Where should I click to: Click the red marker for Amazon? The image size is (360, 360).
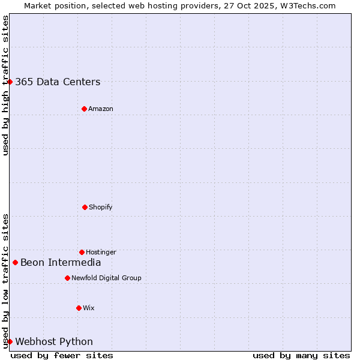click(x=84, y=109)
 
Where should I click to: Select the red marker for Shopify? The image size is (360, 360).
click(x=85, y=207)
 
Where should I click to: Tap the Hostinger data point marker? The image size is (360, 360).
click(x=82, y=252)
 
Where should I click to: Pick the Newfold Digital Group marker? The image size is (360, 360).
click(x=67, y=278)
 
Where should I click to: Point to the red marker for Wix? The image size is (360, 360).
click(x=79, y=308)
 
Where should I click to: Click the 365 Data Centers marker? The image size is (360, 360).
click(x=10, y=82)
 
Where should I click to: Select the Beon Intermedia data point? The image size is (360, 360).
click(x=15, y=262)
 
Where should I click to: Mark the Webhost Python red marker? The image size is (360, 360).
click(x=10, y=341)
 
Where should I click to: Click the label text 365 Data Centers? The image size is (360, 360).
click(x=58, y=82)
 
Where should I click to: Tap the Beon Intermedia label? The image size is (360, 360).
click(x=61, y=262)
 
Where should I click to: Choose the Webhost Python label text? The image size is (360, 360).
click(x=54, y=342)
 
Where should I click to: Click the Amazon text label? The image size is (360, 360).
click(x=101, y=109)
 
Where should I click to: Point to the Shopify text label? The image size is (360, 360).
click(x=101, y=208)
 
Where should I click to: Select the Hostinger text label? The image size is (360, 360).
click(x=101, y=253)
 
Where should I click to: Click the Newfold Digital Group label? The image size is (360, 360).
click(x=106, y=278)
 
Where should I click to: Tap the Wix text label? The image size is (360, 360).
click(x=89, y=308)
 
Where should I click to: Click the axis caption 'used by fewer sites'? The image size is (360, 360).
click(x=62, y=355)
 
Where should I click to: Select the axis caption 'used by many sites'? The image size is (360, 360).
click(x=301, y=355)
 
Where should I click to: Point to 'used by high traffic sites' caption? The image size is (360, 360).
click(x=5, y=85)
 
